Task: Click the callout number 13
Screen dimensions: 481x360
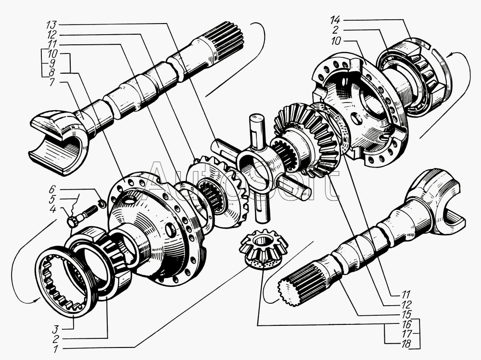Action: click(x=52, y=24)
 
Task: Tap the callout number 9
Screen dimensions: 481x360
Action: click(x=52, y=64)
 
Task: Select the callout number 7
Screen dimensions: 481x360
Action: click(x=53, y=83)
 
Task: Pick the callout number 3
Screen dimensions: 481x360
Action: click(x=55, y=330)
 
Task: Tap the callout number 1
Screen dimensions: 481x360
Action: click(x=55, y=349)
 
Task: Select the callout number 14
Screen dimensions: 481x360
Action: click(x=335, y=21)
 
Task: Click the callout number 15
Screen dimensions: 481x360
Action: click(x=405, y=315)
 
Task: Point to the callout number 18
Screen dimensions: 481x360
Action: click(x=405, y=344)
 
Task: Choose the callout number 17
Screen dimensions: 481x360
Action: click(x=405, y=334)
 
